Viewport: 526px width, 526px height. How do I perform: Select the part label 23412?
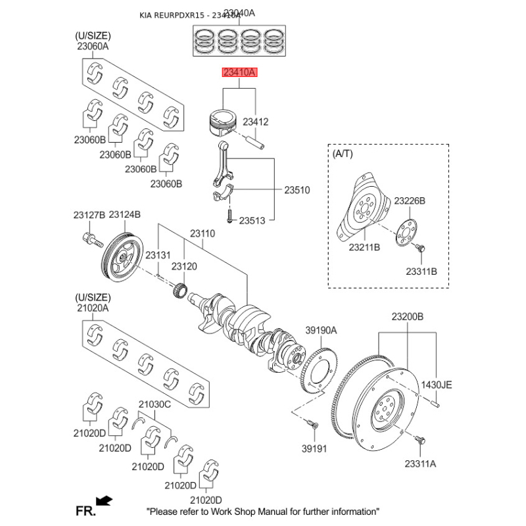256,122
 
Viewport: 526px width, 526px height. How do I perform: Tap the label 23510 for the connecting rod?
297,190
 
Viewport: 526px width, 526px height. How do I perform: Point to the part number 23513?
252,221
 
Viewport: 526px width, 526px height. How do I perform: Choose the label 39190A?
320,330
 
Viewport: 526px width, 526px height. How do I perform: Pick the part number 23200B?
408,317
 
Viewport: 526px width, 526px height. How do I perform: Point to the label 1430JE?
437,385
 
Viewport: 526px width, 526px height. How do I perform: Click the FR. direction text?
85,510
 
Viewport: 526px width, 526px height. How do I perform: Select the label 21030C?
155,404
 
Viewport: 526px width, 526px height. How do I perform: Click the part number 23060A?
93,46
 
